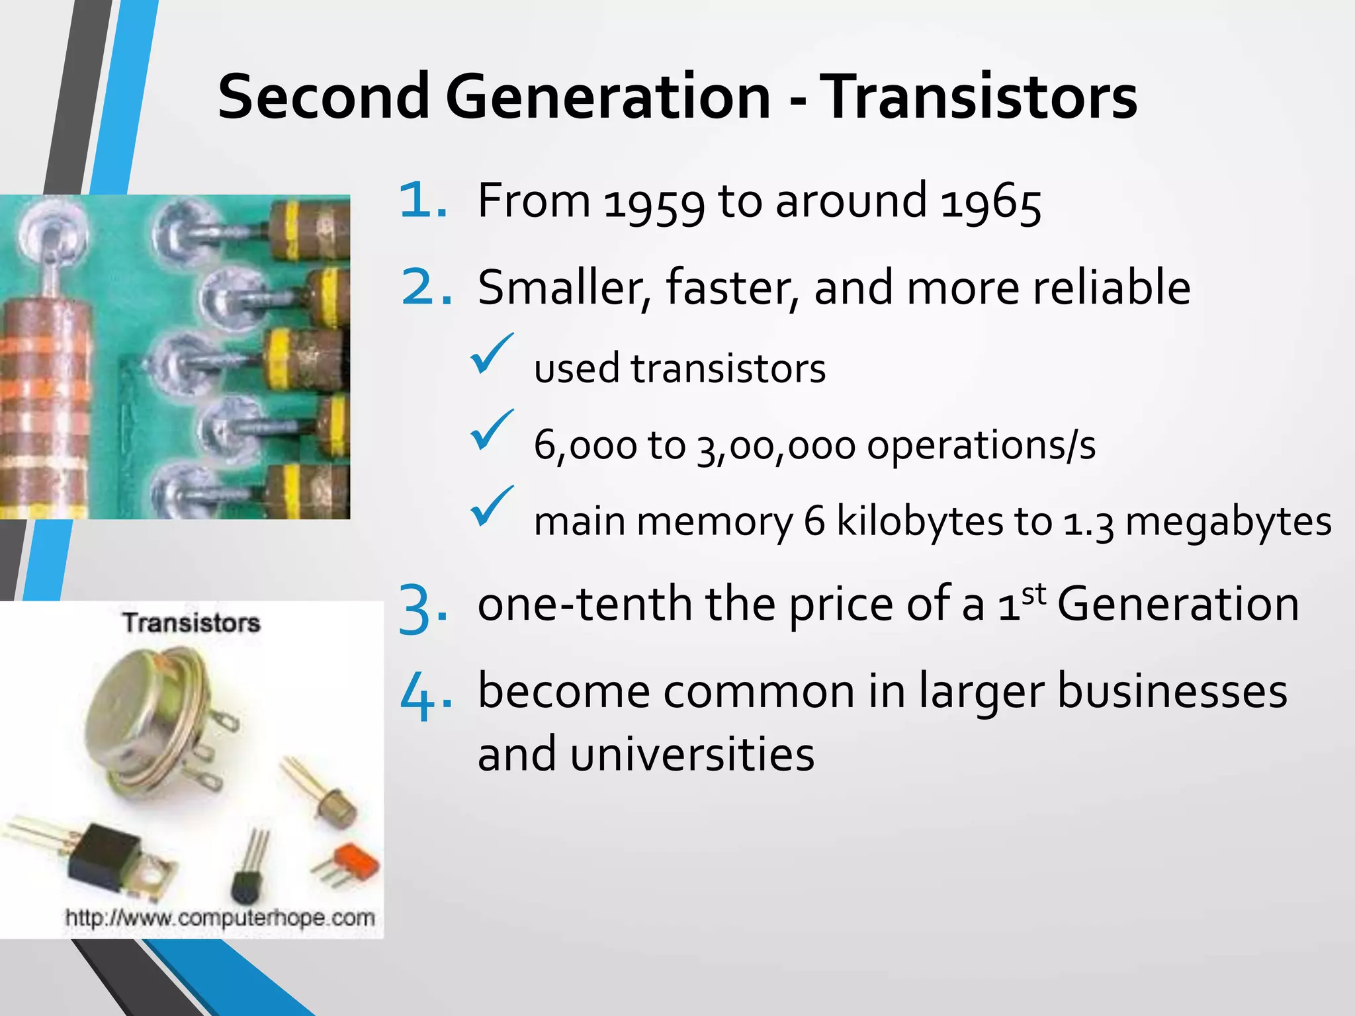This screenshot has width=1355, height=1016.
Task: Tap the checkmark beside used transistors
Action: (490, 355)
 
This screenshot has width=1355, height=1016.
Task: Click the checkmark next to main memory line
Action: (490, 507)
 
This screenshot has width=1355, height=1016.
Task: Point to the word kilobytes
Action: (920, 521)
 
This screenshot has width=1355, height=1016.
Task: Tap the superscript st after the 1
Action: (1034, 594)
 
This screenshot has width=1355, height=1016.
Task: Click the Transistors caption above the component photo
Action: (191, 623)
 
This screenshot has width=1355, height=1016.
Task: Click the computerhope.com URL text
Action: (220, 918)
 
